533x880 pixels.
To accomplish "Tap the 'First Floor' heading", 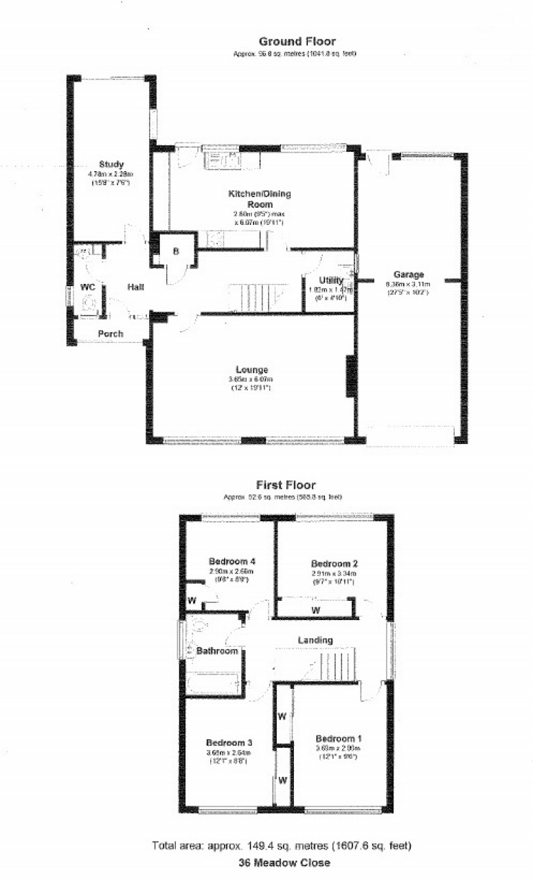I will point(286,485).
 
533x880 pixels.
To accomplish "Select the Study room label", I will point(111,164).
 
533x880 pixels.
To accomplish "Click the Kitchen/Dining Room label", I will point(260,199).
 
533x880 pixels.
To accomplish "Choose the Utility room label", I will point(330,280).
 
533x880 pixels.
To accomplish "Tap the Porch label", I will point(111,334).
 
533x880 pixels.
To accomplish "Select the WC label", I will point(87,286).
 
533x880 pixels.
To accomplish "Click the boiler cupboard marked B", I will point(175,252).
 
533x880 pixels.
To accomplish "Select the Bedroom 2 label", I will point(332,562).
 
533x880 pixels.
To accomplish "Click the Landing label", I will point(315,640).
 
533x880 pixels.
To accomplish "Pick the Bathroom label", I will point(217,650).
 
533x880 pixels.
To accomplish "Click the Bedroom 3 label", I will point(229,742).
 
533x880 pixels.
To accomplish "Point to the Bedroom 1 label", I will point(337,738).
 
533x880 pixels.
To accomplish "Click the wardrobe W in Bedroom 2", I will point(315,609).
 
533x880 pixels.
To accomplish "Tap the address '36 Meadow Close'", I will point(284,862).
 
